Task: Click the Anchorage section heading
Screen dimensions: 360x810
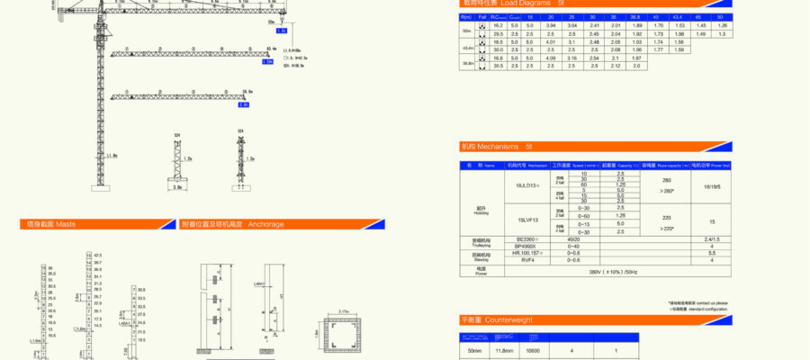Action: click(x=265, y=224)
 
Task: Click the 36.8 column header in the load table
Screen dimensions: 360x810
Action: click(x=636, y=16)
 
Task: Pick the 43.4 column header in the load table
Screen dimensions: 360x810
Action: click(x=678, y=16)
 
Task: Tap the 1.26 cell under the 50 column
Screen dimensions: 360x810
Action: click(x=721, y=26)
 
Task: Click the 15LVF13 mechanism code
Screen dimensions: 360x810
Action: click(x=528, y=220)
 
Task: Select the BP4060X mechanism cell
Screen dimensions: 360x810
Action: click(x=526, y=246)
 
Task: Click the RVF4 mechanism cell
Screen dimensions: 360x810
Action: click(x=526, y=260)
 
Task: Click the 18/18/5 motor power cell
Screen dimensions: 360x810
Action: click(x=712, y=186)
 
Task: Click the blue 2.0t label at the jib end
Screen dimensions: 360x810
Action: click(x=242, y=105)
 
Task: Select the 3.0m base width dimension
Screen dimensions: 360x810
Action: click(x=178, y=188)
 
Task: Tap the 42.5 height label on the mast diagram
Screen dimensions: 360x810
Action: click(x=97, y=256)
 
